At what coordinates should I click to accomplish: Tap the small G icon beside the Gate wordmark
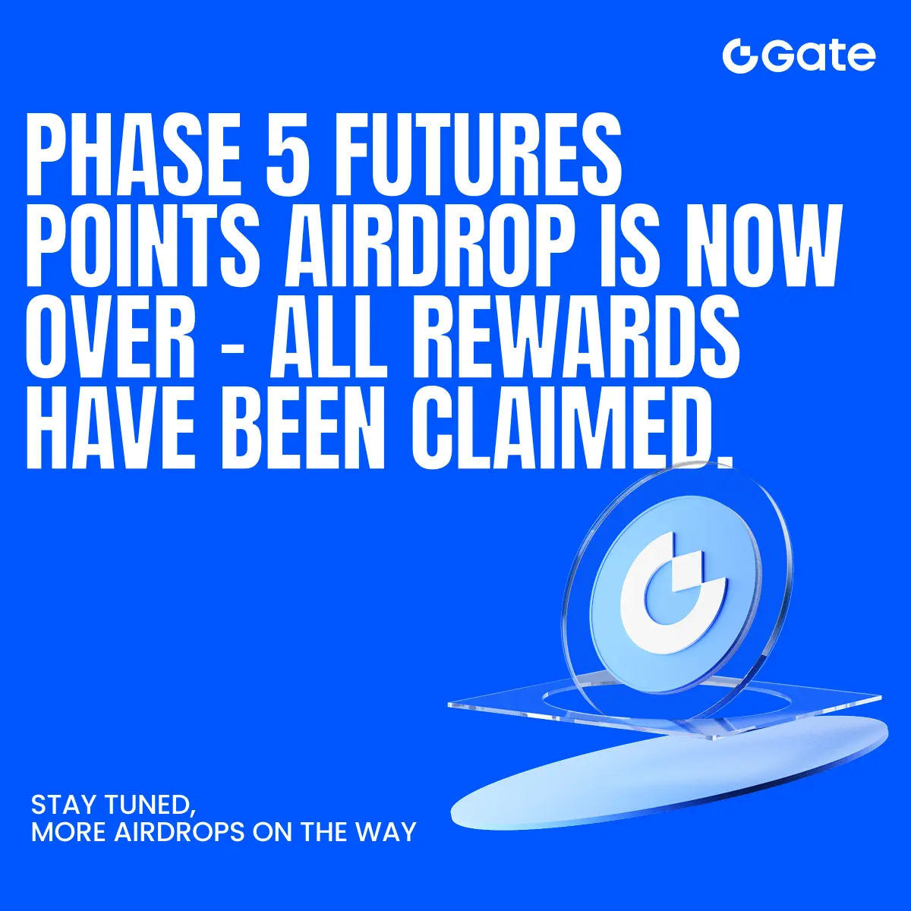coord(741,56)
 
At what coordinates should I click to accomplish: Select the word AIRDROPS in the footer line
coord(180,831)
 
